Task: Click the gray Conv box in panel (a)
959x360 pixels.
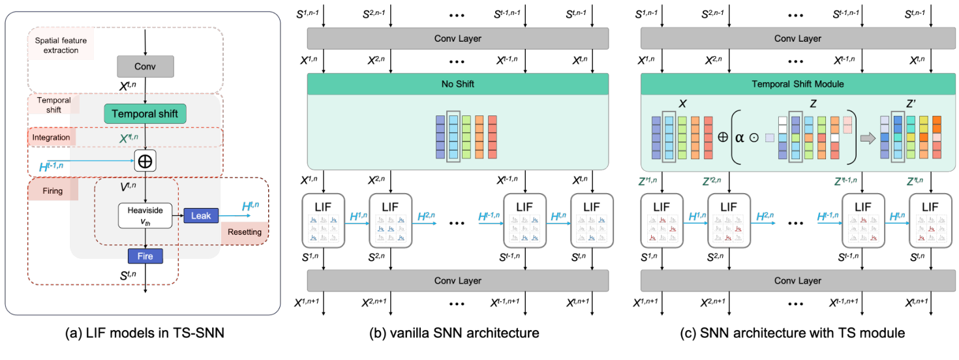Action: [x=145, y=66]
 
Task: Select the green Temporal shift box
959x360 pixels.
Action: [x=145, y=113]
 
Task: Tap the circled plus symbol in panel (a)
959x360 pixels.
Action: [x=145, y=159]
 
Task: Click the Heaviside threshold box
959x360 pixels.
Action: [x=145, y=215]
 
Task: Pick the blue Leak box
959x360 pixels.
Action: [x=201, y=215]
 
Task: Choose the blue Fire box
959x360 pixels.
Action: [x=145, y=256]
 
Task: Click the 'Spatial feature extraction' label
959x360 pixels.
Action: [x=61, y=45]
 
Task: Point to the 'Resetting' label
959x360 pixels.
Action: [x=245, y=232]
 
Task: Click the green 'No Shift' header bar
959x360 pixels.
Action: [x=457, y=83]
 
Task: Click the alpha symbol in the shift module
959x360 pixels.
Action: [x=738, y=138]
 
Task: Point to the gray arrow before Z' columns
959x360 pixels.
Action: [x=868, y=138]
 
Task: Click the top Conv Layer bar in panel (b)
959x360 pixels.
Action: [x=457, y=38]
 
